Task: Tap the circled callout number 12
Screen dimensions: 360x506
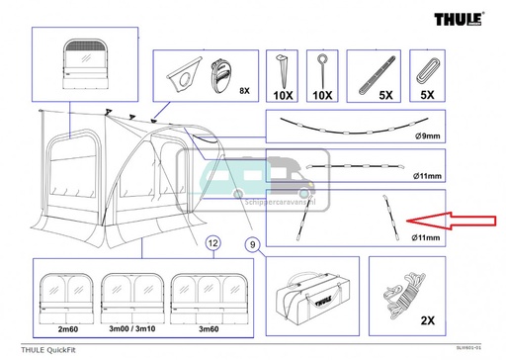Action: click(211, 242)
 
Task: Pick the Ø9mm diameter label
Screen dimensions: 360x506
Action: click(433, 136)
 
